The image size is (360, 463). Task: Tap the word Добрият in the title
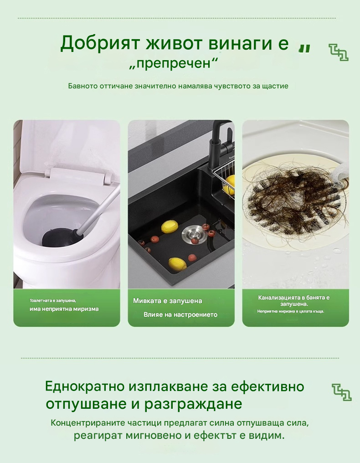(x=100, y=43)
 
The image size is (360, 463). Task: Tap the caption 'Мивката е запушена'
(x=167, y=301)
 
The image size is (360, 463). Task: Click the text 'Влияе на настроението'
(x=180, y=315)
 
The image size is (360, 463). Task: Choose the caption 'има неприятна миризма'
(x=64, y=309)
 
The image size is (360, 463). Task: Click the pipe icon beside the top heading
(x=339, y=52)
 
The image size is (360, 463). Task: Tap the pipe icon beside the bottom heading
(x=342, y=392)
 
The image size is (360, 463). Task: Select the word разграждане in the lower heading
(x=193, y=404)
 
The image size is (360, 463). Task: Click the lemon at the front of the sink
(x=177, y=263)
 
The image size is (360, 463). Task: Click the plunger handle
(x=100, y=207)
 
